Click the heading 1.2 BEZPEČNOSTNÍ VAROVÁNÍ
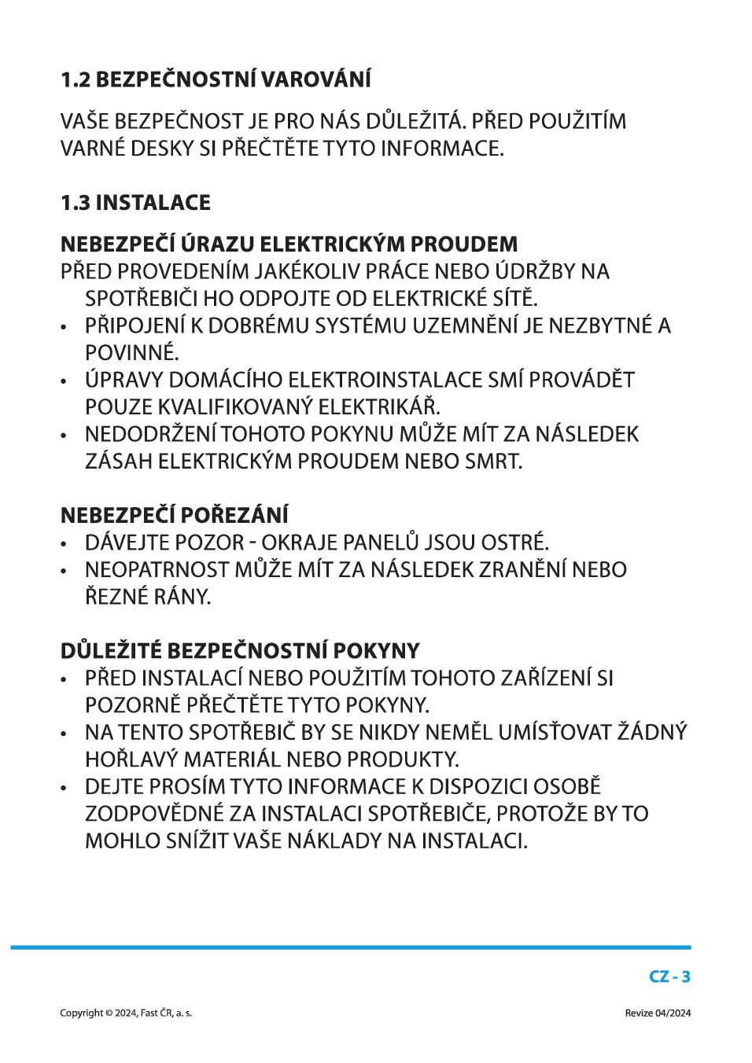point(216,79)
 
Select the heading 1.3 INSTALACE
point(135,203)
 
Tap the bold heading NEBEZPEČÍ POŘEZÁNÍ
point(174,516)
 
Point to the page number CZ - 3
point(669,977)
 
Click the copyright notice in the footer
point(126,1013)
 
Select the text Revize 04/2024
point(658,1013)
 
